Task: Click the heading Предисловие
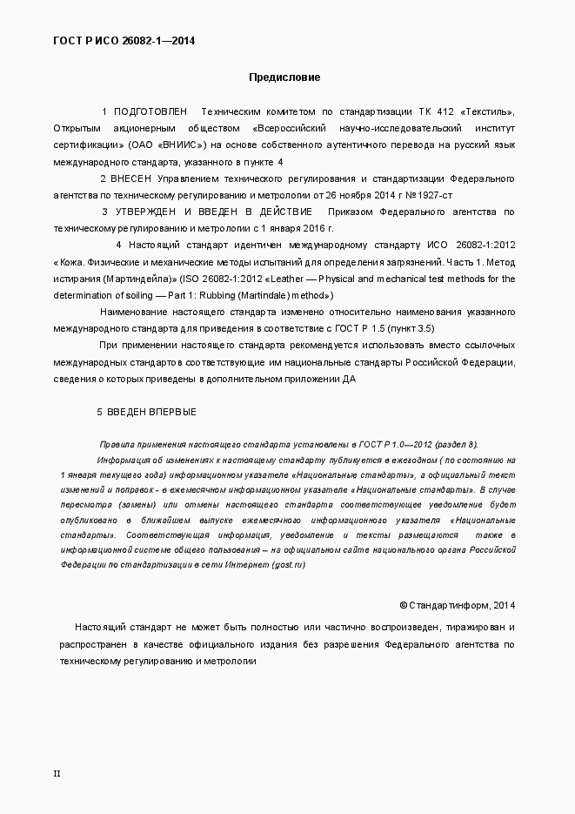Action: pos(284,77)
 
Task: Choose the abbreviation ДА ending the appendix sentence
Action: pos(348,378)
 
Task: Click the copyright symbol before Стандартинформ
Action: pos(403,605)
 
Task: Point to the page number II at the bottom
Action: pos(57,773)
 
